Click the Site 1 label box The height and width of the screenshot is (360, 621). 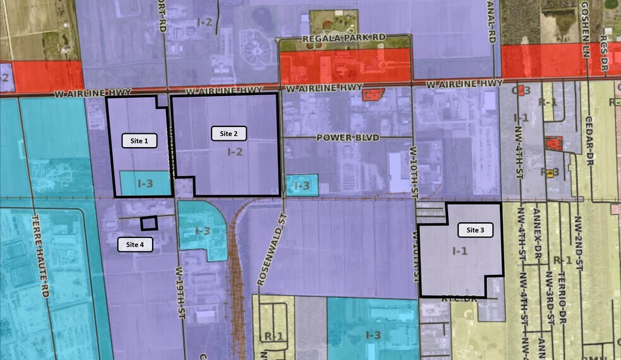139,141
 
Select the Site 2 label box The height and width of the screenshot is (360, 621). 228,133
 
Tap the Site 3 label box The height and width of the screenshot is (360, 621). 475,231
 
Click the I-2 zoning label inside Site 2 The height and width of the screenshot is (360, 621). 235,152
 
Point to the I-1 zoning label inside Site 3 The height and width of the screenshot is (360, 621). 460,251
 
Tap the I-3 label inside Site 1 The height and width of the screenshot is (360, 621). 145,184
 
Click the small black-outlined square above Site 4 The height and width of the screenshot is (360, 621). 148,223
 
